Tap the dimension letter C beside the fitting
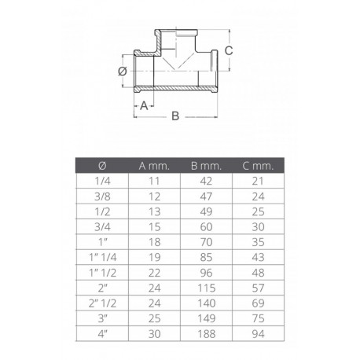(x=228, y=49)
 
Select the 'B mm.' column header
(x=207, y=165)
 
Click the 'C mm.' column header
(x=258, y=165)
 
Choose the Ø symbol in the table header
(x=102, y=165)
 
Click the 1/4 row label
(x=102, y=180)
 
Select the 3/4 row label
(x=102, y=225)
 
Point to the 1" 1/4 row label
(x=102, y=255)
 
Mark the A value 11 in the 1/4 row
(x=154, y=180)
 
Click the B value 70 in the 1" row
(x=207, y=241)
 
